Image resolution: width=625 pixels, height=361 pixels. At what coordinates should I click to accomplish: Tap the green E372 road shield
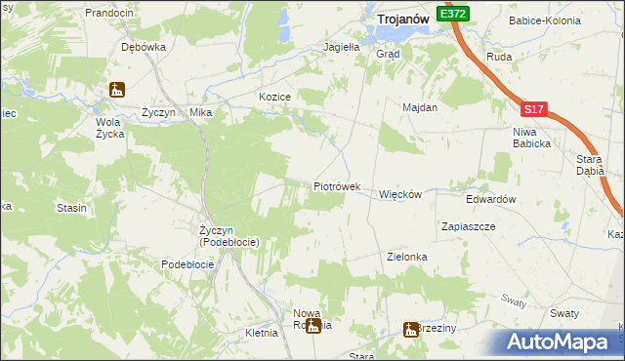454,15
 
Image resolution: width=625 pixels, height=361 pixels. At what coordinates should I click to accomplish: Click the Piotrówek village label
337,186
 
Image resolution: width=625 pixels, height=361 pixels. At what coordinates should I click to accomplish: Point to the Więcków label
399,194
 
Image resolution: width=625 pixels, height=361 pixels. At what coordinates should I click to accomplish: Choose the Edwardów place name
490,198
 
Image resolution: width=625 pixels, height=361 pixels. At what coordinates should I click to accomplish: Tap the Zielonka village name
407,257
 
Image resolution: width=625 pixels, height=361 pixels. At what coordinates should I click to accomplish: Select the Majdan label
420,108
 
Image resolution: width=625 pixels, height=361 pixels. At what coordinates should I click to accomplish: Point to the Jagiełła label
342,46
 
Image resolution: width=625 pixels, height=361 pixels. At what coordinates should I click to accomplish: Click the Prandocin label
108,13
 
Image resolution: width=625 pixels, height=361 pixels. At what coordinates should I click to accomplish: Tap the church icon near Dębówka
116,91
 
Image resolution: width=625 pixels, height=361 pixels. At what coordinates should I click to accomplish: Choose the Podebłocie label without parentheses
187,264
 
